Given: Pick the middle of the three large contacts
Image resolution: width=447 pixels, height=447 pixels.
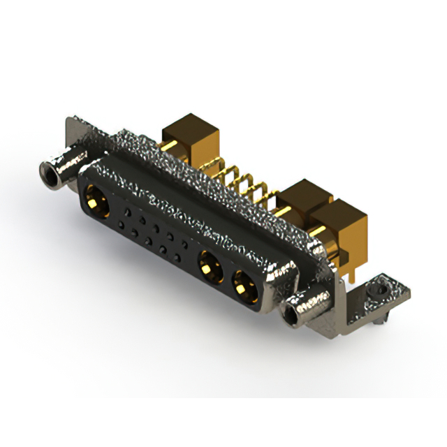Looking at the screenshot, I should pos(209,266).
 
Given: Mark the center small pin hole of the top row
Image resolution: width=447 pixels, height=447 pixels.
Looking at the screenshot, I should pos(155,226).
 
